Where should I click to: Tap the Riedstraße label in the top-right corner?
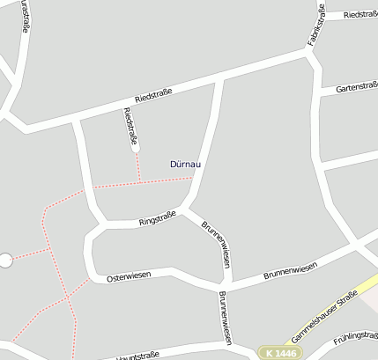coord(359,15)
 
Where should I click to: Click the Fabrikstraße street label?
coord(316,24)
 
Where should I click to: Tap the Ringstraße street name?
coord(158,218)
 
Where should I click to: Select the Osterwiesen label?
coord(129,276)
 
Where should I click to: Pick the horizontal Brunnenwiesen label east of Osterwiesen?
coord(290,270)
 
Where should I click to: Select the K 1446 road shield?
coord(280,352)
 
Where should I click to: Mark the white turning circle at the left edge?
coord(5,260)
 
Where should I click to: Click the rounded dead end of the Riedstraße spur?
coord(136,148)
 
